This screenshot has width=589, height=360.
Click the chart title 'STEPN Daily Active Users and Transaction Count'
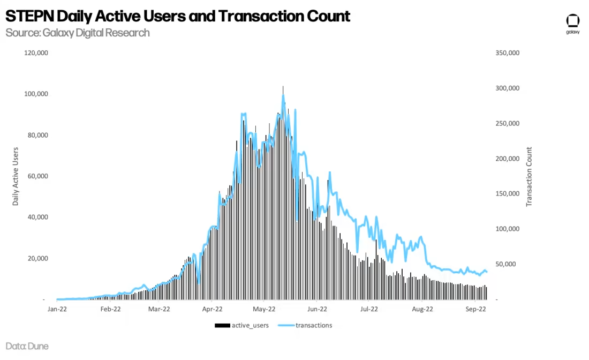point(178,16)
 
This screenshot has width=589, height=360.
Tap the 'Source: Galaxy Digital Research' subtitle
point(78,33)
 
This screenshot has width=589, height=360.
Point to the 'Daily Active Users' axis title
point(16,176)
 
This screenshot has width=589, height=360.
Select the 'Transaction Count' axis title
point(529,176)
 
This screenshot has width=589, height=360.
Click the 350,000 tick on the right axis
point(507,53)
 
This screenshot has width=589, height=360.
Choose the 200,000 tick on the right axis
point(507,159)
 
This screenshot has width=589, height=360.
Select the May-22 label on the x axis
point(264,309)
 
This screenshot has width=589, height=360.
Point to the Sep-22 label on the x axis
point(474,309)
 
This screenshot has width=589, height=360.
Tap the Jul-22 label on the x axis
point(369,309)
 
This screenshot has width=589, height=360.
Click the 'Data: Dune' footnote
point(27,347)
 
